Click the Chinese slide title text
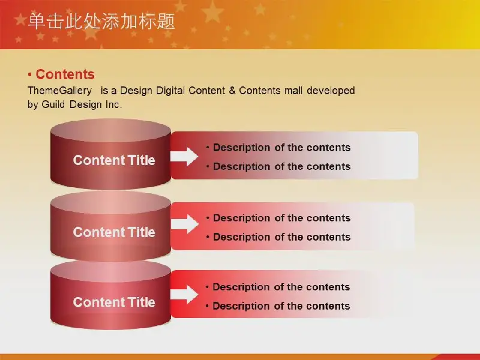coord(101,21)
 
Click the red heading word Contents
coord(65,74)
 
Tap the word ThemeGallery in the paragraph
coord(59,91)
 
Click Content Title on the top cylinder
coord(114,160)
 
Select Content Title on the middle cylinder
coord(114,232)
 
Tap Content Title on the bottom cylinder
coord(114,302)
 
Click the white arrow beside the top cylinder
coord(184,157)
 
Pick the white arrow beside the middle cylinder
coord(184,224)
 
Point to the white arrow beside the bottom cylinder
coord(184,295)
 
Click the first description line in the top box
coord(278,148)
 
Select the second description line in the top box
coord(278,167)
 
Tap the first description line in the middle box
coord(278,218)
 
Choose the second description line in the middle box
coord(278,237)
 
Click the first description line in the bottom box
coord(278,287)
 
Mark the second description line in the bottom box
coord(278,306)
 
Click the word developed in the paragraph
coord(331,91)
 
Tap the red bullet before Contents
coord(29,74)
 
